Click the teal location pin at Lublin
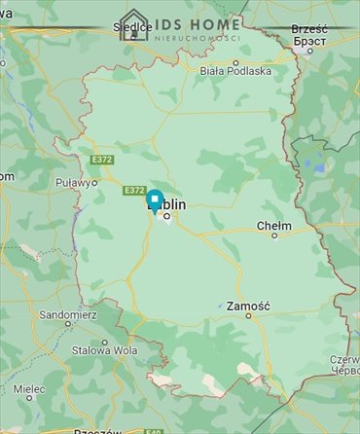coord(154,199)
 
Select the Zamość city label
coord(247,306)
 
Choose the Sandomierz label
coord(64,315)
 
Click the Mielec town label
coord(29,388)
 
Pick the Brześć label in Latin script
coord(309,29)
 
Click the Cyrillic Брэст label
coord(310,40)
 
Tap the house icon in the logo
coord(133,24)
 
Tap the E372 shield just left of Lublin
coord(134,190)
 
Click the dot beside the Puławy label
coord(95,182)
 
